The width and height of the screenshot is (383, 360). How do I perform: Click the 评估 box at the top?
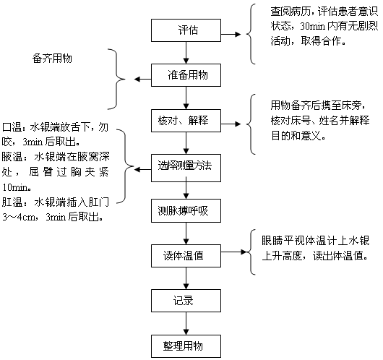[186, 30]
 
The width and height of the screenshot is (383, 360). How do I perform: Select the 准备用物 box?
[186, 75]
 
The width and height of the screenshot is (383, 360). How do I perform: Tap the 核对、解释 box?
[186, 121]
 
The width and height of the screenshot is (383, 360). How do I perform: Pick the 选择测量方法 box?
[186, 168]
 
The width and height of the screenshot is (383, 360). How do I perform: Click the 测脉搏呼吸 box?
[186, 210]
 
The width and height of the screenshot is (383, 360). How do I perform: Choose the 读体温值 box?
[186, 256]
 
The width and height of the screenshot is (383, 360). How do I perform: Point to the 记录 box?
[186, 301]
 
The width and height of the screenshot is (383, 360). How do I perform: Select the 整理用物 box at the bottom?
[186, 346]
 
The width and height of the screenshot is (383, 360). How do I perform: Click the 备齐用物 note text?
[52, 59]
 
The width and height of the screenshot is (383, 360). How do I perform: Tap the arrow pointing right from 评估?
[231, 34]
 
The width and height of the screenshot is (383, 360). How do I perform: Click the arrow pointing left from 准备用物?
[142, 80]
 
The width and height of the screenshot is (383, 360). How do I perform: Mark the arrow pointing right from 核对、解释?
[231, 124]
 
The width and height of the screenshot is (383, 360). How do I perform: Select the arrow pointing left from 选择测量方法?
[142, 169]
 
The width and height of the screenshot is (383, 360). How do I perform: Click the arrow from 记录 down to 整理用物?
[186, 323]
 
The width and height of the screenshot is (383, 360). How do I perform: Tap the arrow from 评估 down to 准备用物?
[186, 53]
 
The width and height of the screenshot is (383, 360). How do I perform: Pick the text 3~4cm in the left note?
[19, 217]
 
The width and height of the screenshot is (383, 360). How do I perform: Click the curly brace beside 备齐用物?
[117, 79]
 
